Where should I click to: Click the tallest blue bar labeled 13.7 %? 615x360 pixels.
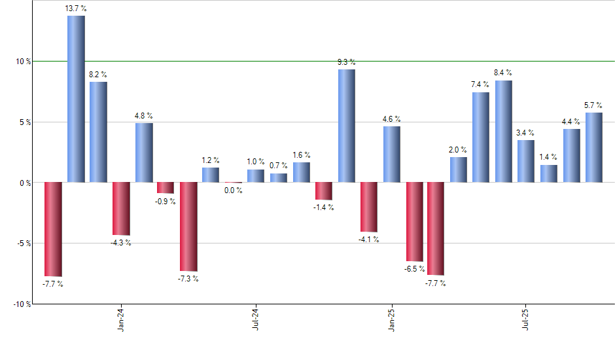point(76,98)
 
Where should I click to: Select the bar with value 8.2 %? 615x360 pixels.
point(98,132)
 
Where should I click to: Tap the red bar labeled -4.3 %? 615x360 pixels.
point(121,208)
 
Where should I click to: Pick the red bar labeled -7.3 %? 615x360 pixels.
point(188,226)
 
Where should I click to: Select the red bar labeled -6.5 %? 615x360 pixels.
point(414,222)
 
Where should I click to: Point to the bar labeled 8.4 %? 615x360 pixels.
point(504,131)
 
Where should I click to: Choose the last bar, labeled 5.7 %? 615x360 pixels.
point(594,147)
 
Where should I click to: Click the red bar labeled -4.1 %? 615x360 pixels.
point(369,207)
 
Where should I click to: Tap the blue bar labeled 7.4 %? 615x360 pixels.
point(481,137)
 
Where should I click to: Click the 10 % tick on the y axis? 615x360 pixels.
point(24,62)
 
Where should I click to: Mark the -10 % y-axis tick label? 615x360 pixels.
point(22,304)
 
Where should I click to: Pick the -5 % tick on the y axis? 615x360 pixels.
point(24,243)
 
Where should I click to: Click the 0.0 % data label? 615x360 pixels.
point(234,190)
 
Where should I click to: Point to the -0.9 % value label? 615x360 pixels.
point(166,201)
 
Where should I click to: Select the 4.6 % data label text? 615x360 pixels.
point(392,119)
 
